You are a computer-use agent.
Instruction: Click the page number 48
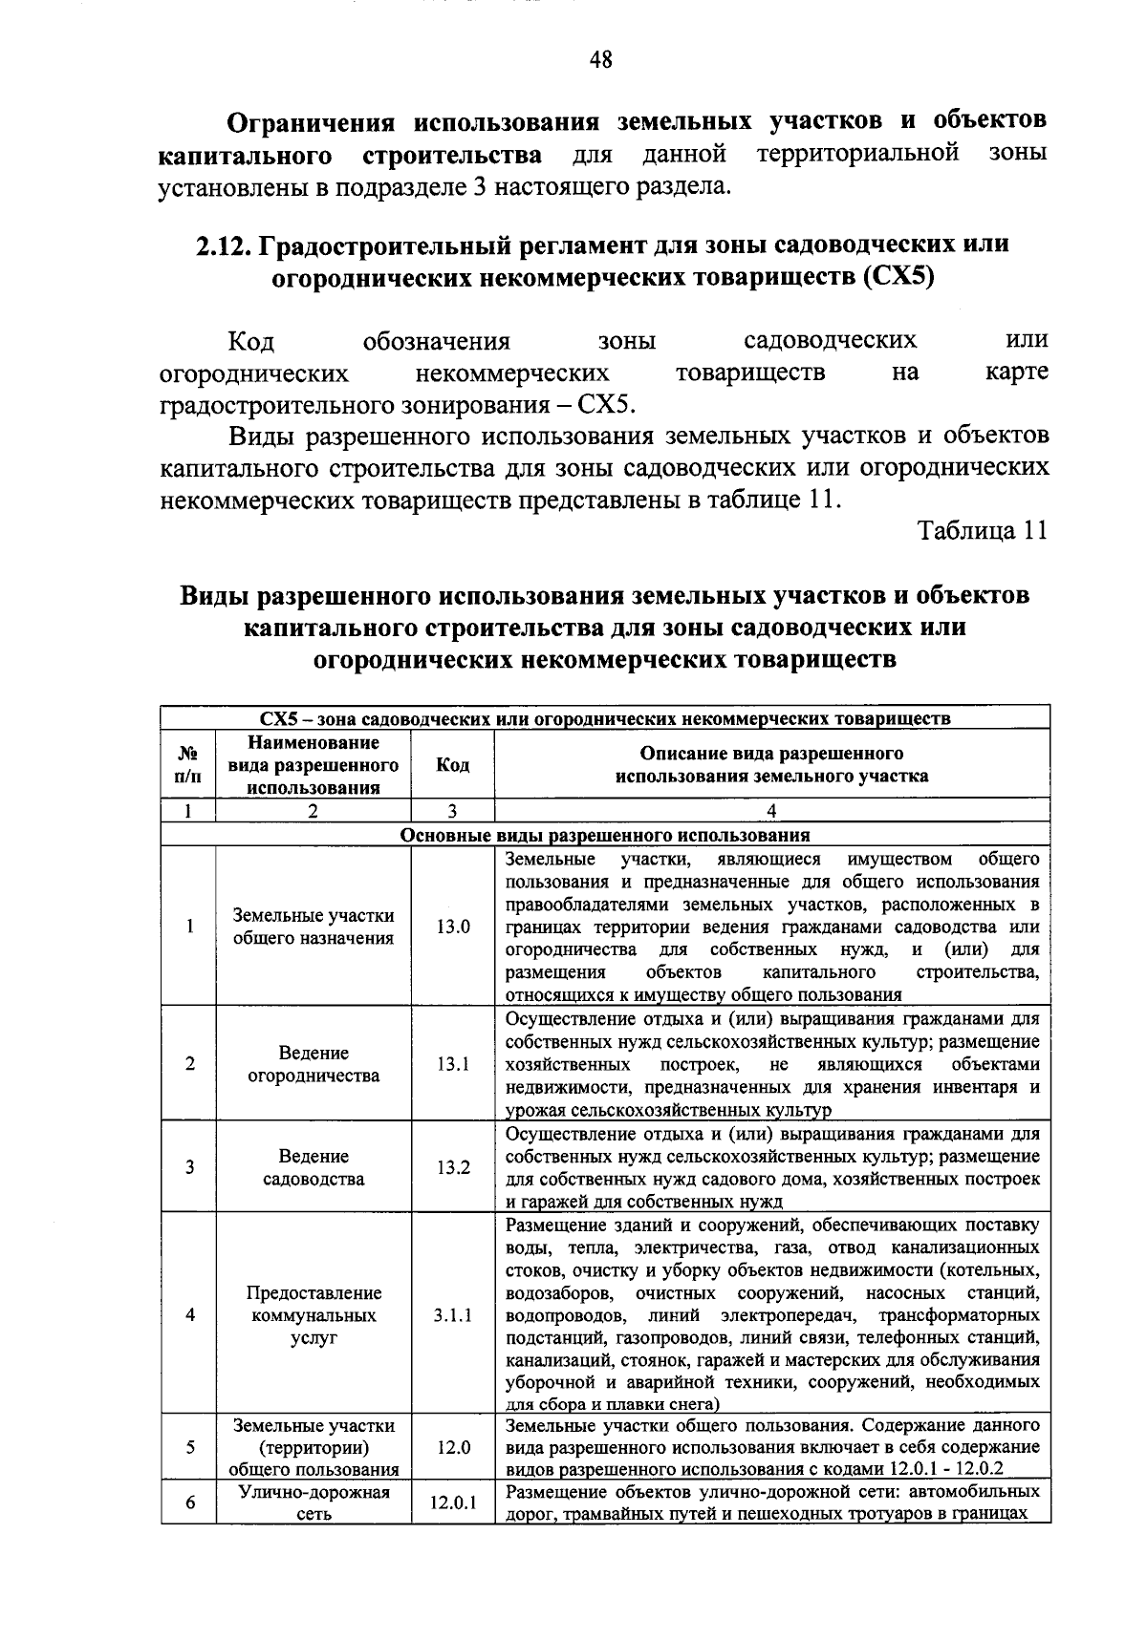(600, 62)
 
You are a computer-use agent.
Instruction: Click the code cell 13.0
(452, 927)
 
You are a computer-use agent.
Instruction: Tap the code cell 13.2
(452, 1167)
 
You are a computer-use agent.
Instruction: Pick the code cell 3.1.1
(452, 1315)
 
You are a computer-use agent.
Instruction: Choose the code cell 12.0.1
(452, 1502)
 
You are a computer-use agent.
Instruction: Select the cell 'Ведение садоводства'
(314, 1167)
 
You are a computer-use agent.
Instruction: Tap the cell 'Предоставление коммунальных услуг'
(314, 1315)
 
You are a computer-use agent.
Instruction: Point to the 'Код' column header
(452, 765)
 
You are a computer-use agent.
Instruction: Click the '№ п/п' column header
(189, 765)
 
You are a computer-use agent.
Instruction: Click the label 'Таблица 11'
(983, 531)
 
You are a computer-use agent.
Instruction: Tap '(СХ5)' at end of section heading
(896, 278)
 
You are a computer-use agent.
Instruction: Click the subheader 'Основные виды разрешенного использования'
(604, 835)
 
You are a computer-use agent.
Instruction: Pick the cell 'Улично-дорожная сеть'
(314, 1502)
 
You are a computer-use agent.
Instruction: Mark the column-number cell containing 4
(771, 812)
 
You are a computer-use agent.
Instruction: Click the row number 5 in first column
(190, 1447)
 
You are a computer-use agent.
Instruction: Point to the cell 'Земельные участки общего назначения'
(314, 927)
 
